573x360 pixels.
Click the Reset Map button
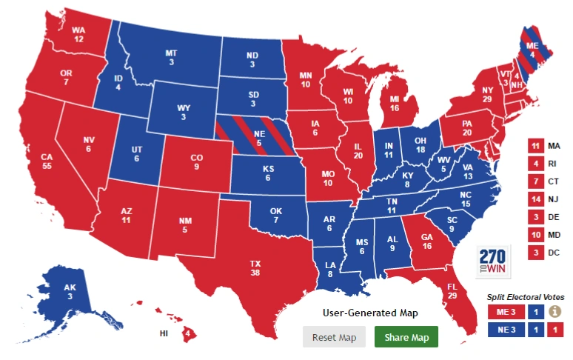click(335, 337)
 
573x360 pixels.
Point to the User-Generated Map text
click(369, 313)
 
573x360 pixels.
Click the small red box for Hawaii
click(190, 334)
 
